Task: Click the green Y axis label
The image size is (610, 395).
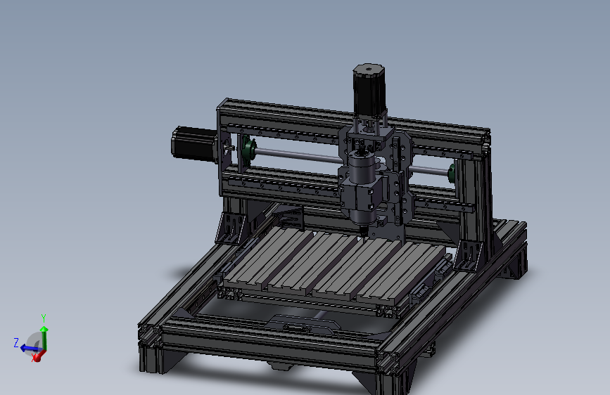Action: [x=44, y=318]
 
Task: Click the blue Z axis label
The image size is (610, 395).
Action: [x=15, y=342]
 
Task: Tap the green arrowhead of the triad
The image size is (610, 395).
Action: [x=44, y=328]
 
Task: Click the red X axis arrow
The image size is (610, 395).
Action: [x=37, y=356]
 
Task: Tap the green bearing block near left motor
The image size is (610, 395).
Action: [x=248, y=150]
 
